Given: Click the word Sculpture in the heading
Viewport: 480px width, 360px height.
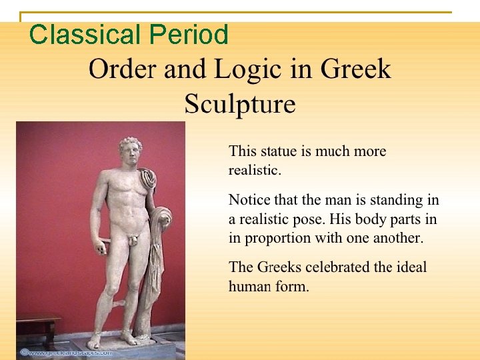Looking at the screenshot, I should click(240, 104).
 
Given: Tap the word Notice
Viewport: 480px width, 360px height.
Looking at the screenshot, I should click(250, 199).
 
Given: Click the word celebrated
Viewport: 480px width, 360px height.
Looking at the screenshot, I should click(338, 267).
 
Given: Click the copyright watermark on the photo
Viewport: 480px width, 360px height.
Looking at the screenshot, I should click(66, 352).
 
